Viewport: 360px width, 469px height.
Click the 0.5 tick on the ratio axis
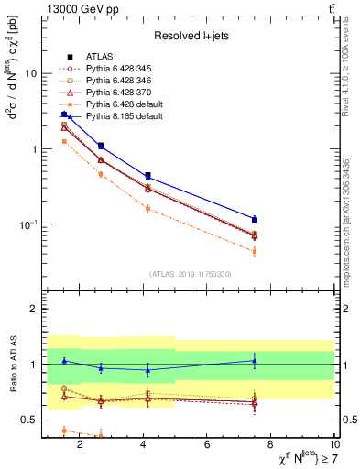tap(32, 420)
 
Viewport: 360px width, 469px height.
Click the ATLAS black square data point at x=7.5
tap(255, 219)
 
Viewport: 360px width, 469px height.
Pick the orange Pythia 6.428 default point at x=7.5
tap(255, 251)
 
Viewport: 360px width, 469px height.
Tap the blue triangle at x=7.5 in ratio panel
tap(255, 361)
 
